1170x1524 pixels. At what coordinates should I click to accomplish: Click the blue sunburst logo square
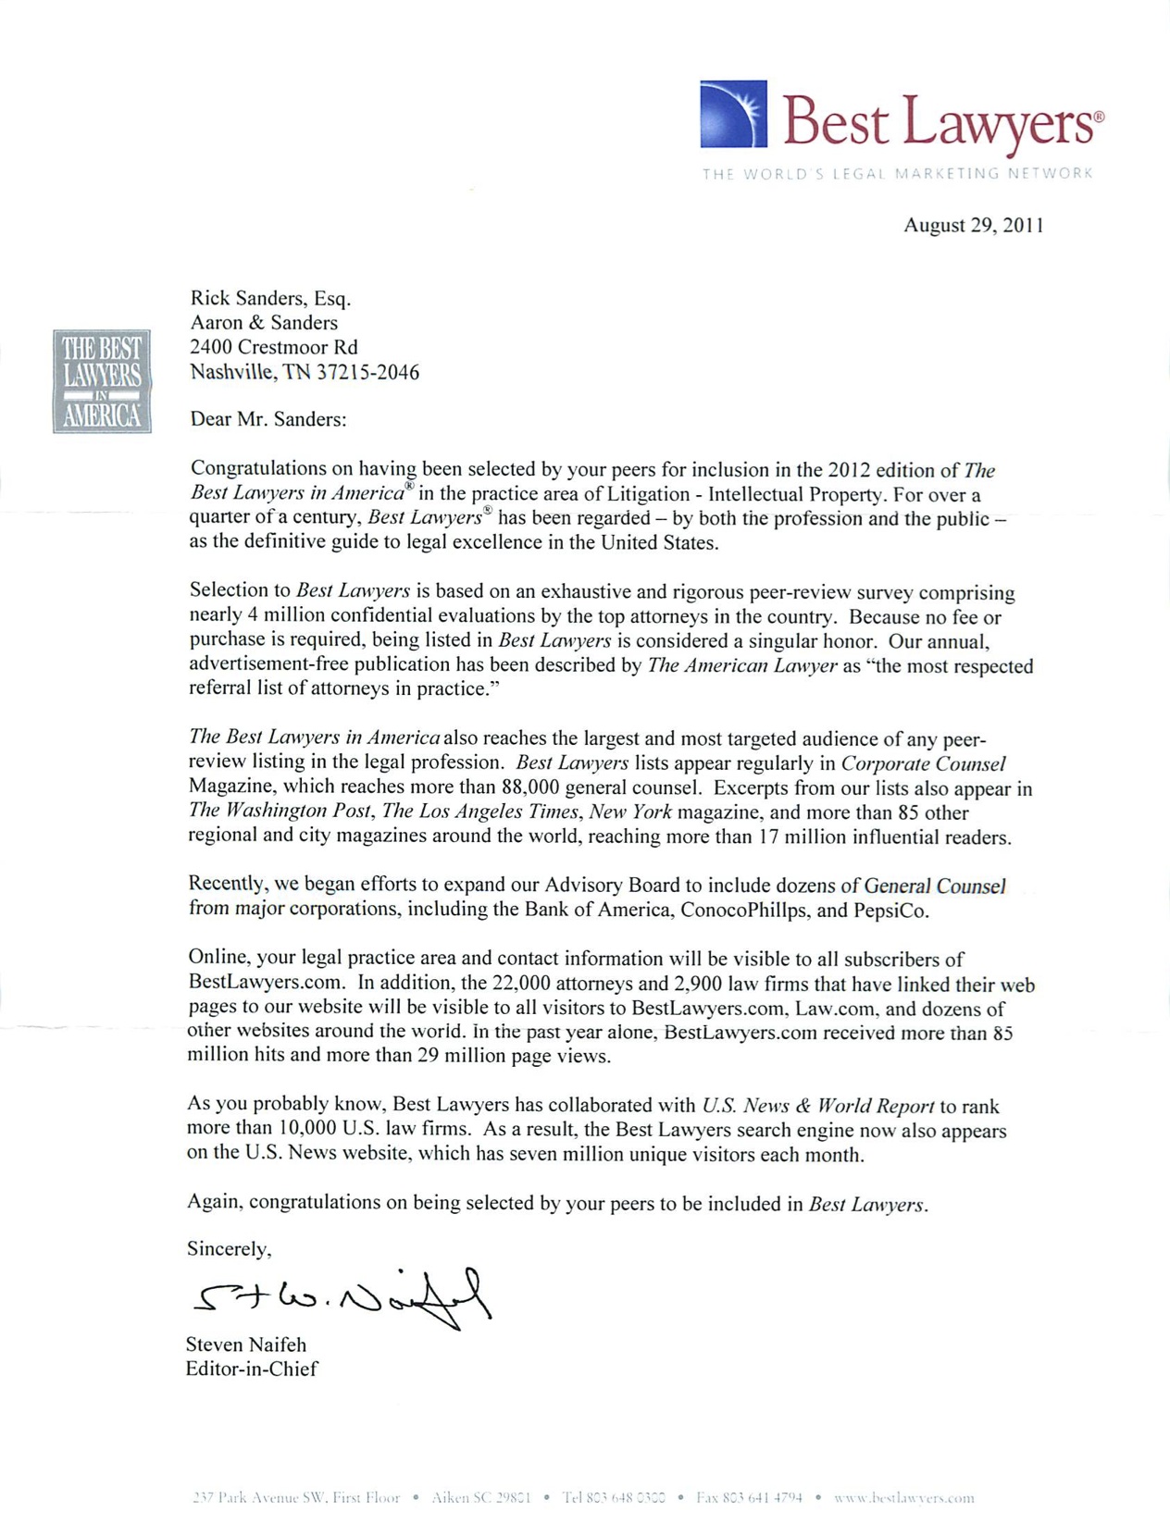733,114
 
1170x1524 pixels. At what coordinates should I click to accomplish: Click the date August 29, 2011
974,225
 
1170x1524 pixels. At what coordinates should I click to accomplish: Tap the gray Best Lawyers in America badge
102,381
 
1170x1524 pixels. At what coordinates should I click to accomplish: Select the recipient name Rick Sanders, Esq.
270,298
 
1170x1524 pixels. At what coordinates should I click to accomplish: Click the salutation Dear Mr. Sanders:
268,419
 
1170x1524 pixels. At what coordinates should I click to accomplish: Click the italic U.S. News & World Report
817,1105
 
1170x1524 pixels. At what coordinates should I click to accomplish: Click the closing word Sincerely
229,1248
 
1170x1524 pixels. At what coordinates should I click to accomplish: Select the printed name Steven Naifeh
245,1344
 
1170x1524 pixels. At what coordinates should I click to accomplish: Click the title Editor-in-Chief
251,1369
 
